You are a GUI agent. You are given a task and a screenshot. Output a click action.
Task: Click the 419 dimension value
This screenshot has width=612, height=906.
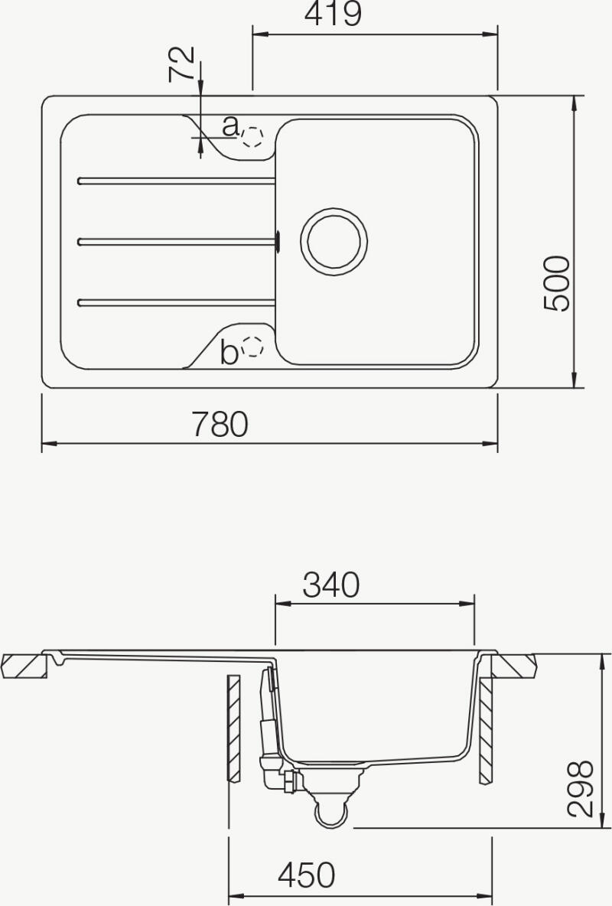(x=333, y=14)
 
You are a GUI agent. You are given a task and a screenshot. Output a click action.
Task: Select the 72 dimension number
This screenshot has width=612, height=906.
(x=181, y=64)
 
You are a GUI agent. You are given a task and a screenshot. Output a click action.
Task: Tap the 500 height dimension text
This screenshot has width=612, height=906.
(x=557, y=284)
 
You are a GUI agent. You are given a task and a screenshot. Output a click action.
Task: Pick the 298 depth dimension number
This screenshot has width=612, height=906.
(x=581, y=789)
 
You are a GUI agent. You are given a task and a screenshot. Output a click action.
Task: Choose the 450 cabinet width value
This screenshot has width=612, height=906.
(x=306, y=875)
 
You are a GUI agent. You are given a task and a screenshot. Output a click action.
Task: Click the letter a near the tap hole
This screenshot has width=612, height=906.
(x=230, y=125)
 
